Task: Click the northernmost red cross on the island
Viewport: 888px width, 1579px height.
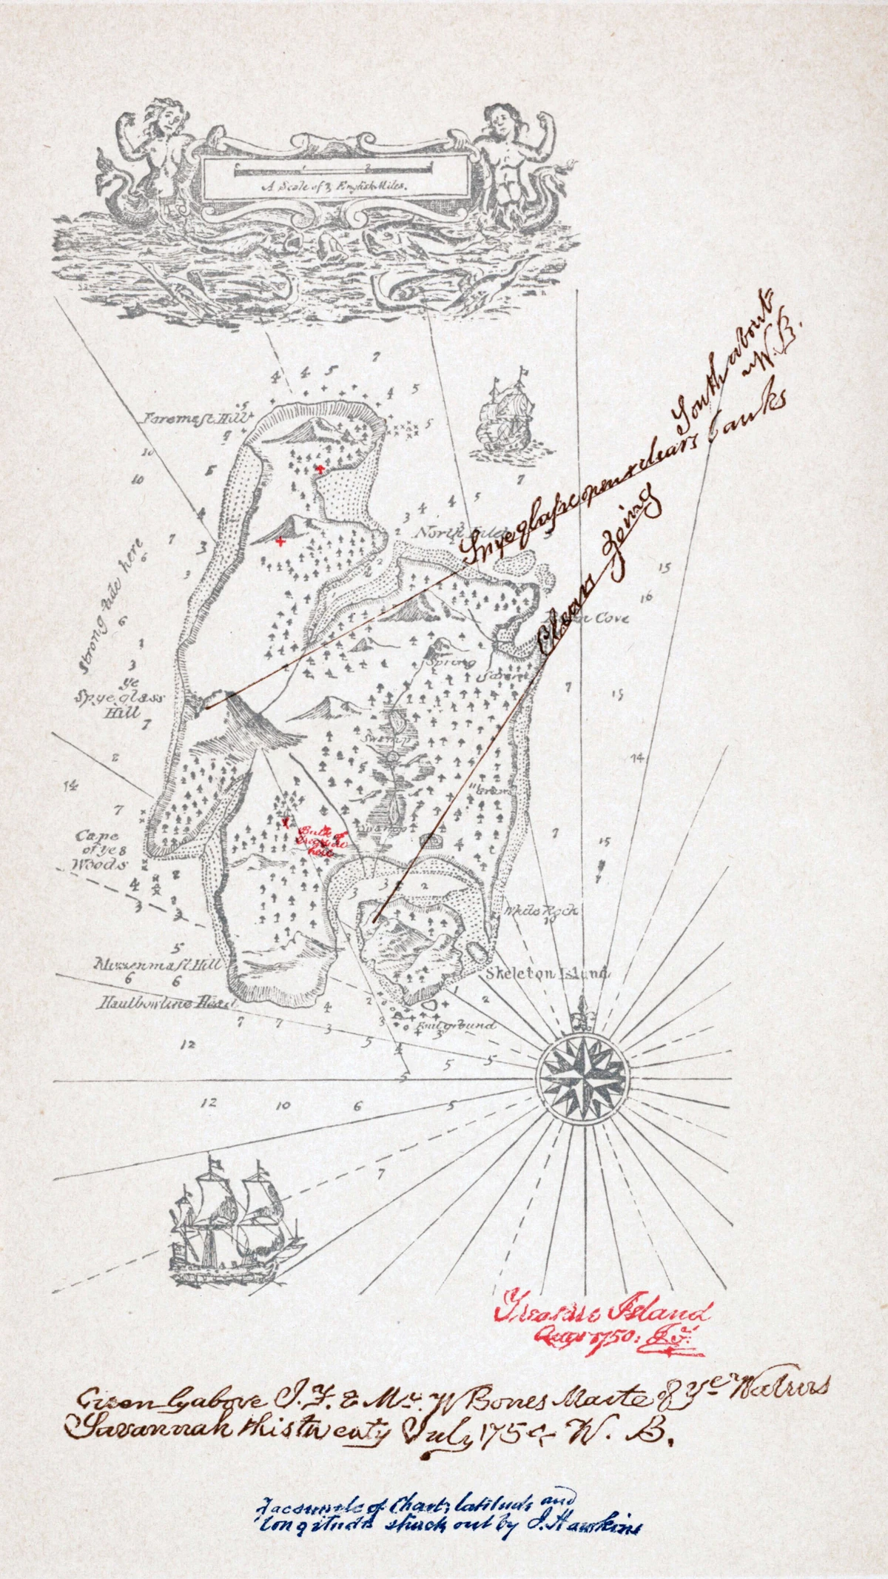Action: point(319,469)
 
